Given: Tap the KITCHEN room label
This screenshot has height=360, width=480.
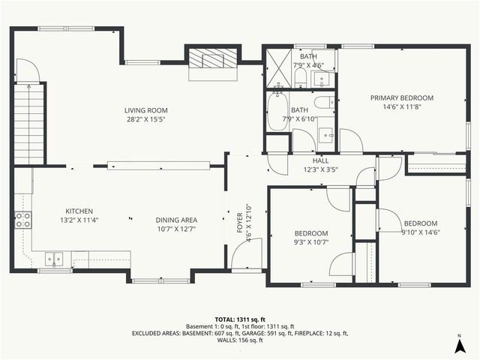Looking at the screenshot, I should point(79,211).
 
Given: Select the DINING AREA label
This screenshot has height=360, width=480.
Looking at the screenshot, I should point(176,220).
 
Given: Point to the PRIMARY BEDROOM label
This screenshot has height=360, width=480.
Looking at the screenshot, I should point(401,97).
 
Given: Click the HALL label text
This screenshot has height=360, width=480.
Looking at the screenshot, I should point(320,160).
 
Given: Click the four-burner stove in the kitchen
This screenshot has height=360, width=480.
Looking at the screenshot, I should point(22,220).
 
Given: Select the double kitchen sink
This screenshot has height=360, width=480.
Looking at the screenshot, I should point(54,259).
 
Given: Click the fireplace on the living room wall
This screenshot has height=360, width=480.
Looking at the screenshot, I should point(212,61).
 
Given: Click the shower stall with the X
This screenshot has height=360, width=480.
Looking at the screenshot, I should point(278,68).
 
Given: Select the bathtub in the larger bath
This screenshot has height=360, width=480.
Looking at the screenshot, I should point(278,110).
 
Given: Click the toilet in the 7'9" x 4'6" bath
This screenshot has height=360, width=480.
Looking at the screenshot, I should point(300,76).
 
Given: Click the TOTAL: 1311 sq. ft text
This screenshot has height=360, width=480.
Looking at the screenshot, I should point(240,319).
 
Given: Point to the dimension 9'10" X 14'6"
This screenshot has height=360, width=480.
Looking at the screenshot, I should point(420,232).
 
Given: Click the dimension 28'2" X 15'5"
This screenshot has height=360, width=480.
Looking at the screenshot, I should point(145,119).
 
